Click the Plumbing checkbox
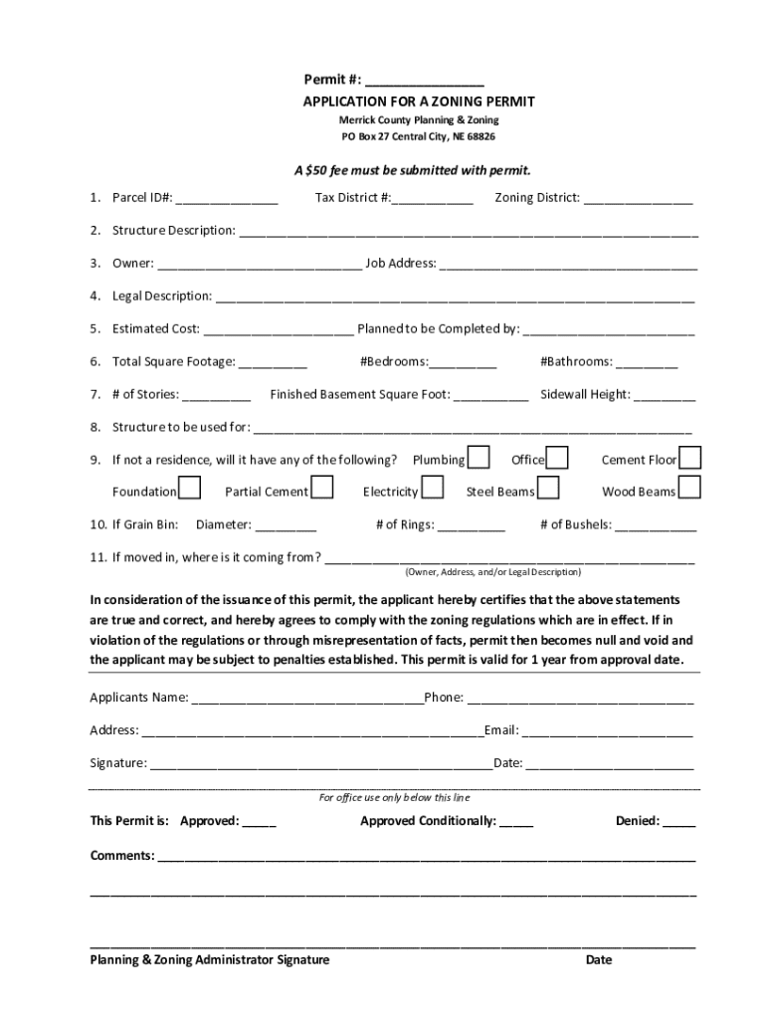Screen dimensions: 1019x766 point(479,458)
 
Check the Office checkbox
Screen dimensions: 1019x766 point(558,458)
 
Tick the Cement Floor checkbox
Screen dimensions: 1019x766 point(690,458)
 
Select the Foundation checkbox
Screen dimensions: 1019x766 point(190,490)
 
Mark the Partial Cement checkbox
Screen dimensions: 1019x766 point(322,490)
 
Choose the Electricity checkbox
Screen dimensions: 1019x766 point(433,490)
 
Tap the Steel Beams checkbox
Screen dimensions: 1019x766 point(548,490)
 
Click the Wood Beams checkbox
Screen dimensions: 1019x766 point(690,490)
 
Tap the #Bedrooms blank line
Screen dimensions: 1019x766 point(464,362)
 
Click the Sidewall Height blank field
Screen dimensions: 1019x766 point(665,395)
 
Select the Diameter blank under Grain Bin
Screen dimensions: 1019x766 point(286,525)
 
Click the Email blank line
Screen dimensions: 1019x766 point(608,730)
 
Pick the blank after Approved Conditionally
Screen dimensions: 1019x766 point(516,822)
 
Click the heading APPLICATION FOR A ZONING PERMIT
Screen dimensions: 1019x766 point(418,102)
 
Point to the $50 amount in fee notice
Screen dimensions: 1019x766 point(319,170)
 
